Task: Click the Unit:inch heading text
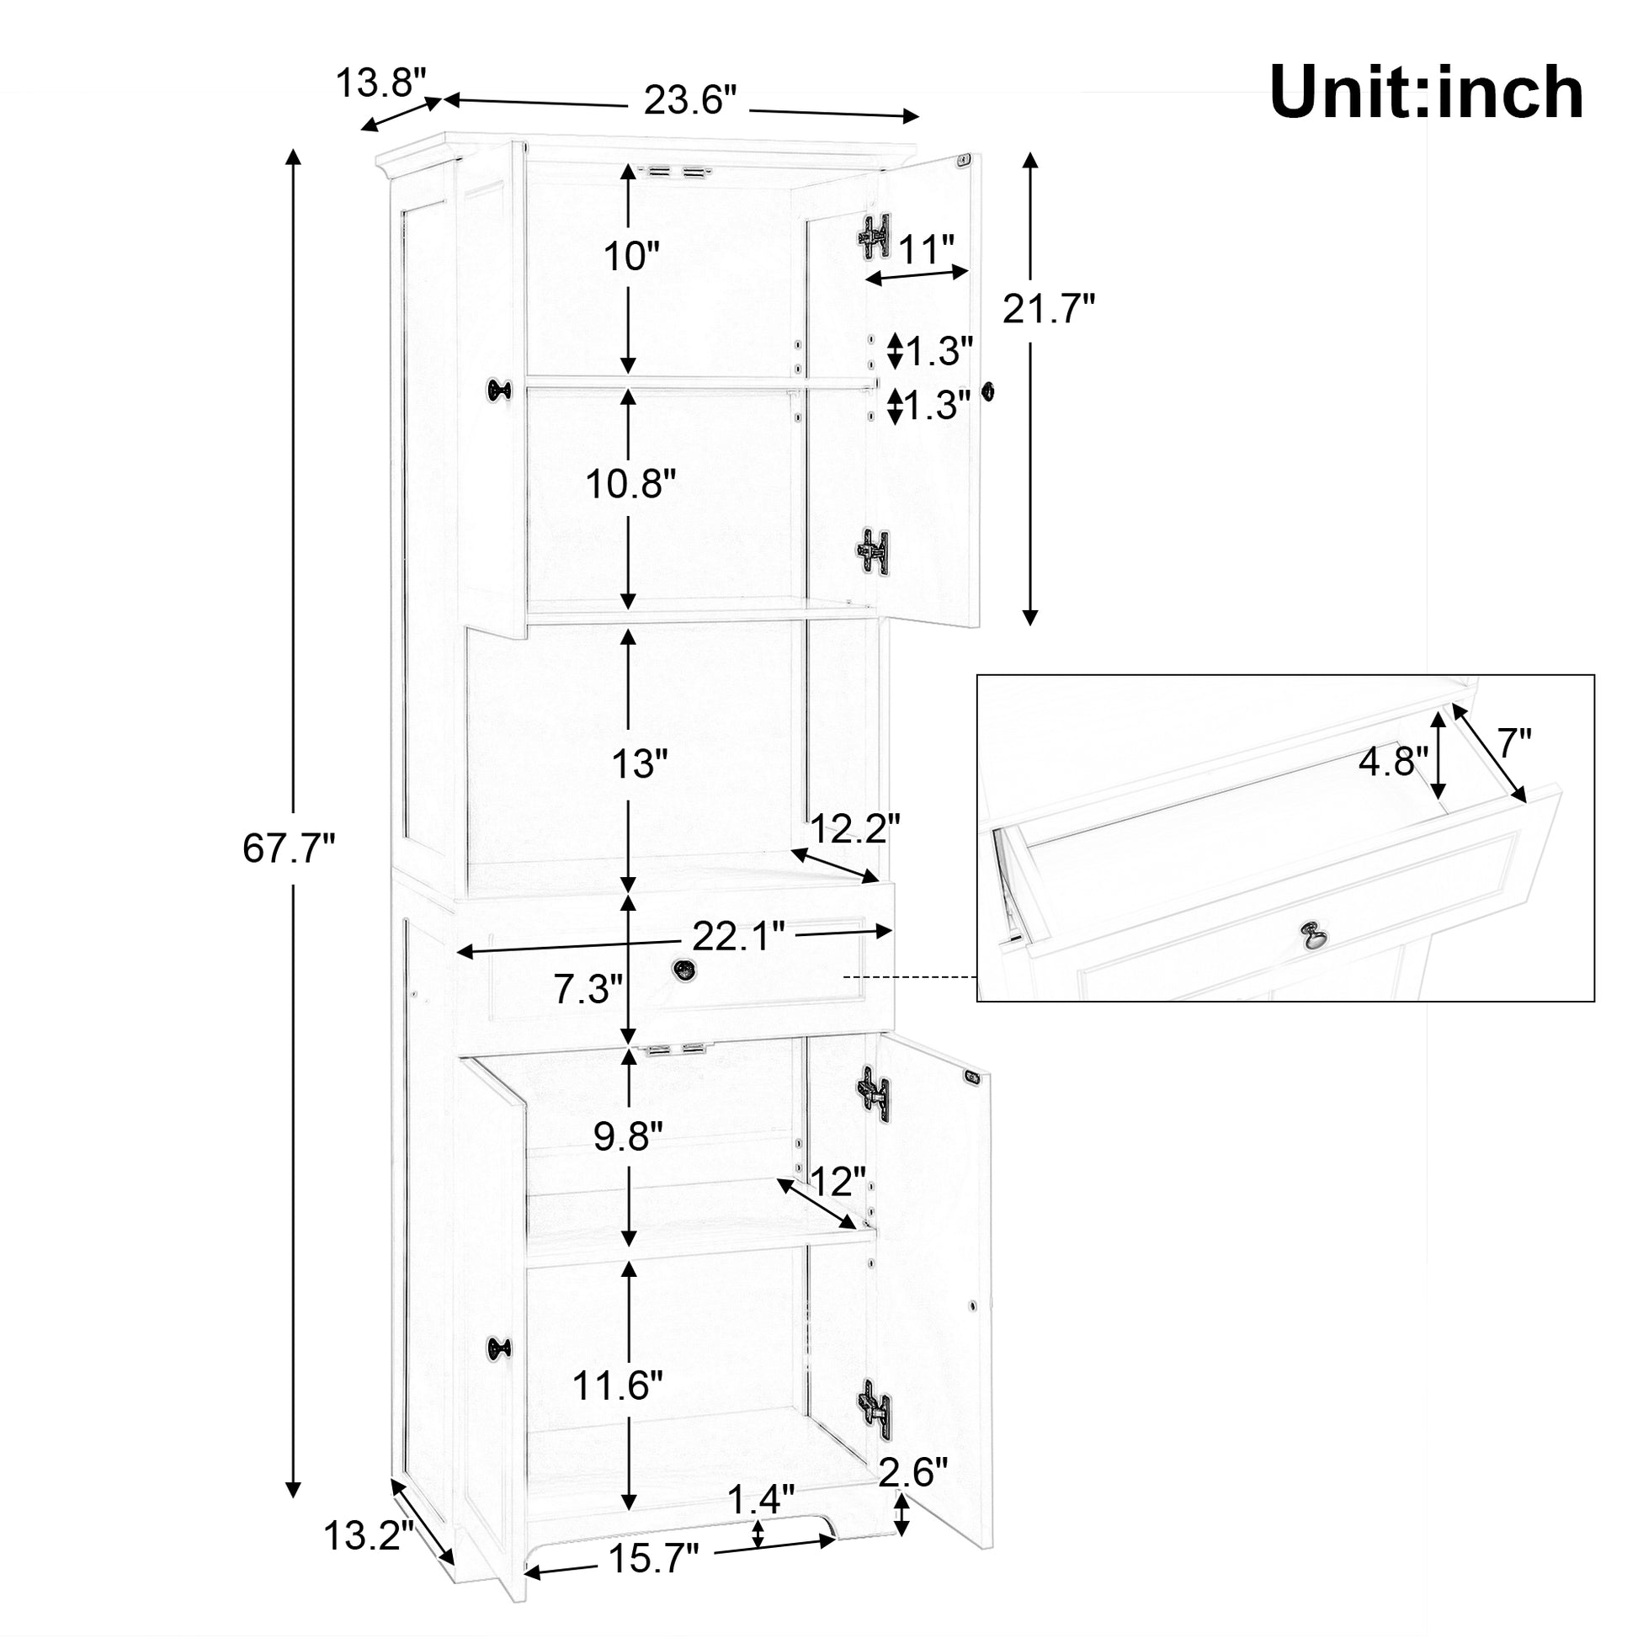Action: [x=1426, y=93]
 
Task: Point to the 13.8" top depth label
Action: [x=380, y=83]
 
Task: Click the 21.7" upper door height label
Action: [x=1050, y=309]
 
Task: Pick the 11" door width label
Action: [x=928, y=249]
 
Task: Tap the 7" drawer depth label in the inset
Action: [x=1513, y=745]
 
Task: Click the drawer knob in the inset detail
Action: [x=1313, y=935]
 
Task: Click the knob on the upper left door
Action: [x=499, y=389]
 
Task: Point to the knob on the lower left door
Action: [x=499, y=1349]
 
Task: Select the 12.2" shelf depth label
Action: [x=854, y=829]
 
